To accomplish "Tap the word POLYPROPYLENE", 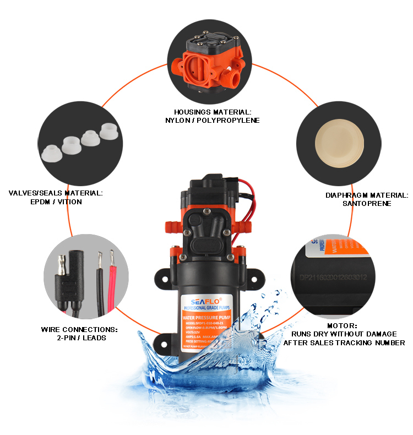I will [x=226, y=120].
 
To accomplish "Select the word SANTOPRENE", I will [x=358, y=203].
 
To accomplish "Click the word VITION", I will [x=71, y=202].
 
